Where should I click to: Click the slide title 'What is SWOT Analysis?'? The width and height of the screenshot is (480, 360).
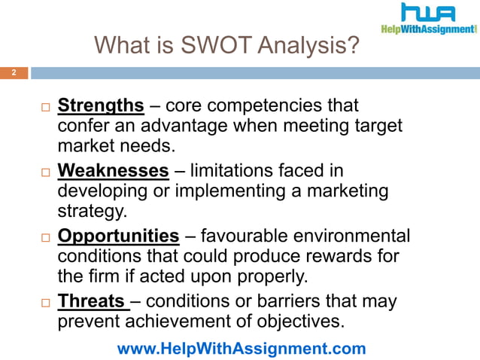(226, 47)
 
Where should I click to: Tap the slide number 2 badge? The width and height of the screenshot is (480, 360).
(13, 73)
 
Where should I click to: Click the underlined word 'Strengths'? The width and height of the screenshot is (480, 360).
(100, 105)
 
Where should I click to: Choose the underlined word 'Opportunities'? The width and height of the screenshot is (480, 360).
(119, 236)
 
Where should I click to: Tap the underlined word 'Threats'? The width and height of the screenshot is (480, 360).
(91, 302)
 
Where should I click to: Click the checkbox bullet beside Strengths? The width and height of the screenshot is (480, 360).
(44, 106)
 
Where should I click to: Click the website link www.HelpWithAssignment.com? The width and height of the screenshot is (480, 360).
(242, 349)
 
